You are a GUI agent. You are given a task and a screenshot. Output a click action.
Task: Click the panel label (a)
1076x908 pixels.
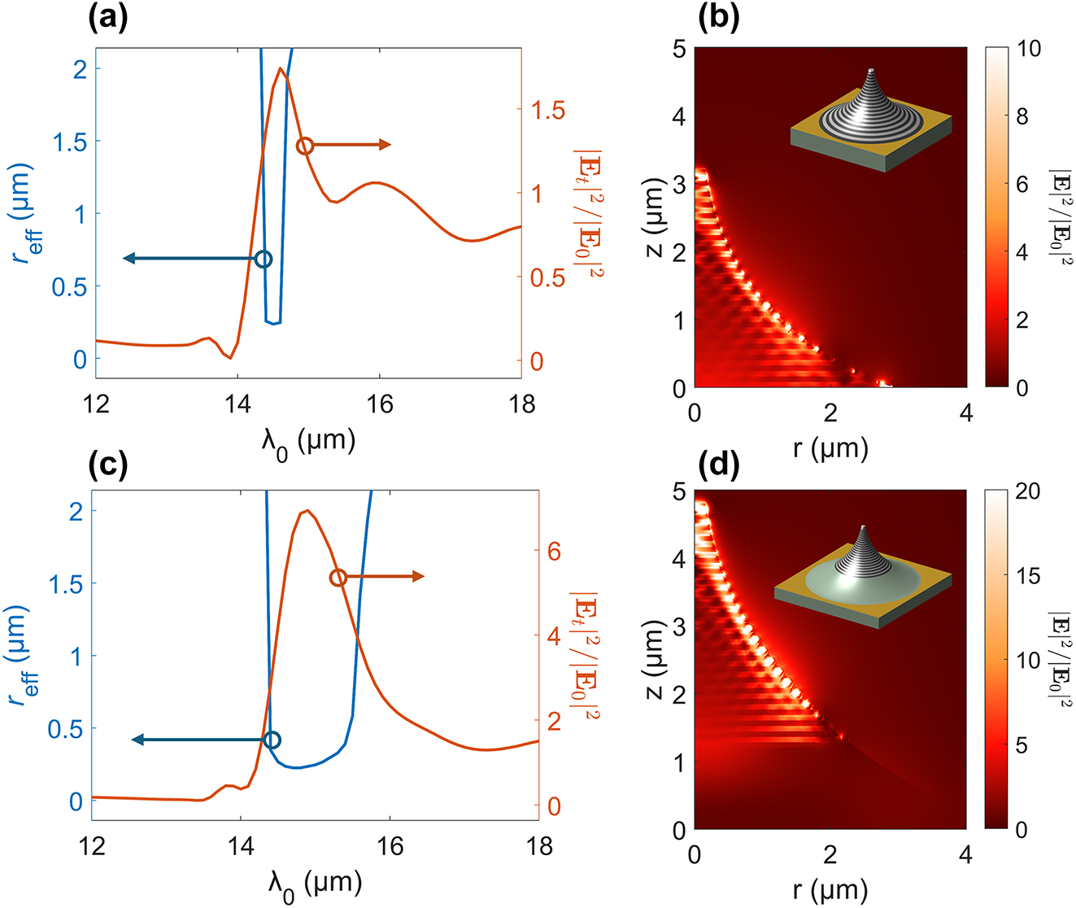(x=107, y=18)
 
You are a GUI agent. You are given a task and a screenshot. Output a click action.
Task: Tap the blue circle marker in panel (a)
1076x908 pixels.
(x=263, y=259)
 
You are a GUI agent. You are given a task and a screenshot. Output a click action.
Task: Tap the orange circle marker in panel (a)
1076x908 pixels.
(x=305, y=146)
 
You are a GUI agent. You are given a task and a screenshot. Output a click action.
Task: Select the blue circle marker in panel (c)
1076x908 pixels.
(x=272, y=740)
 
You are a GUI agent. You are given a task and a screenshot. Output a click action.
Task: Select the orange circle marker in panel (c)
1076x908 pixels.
(x=338, y=578)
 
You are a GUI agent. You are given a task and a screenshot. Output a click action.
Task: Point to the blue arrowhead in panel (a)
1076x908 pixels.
(x=129, y=259)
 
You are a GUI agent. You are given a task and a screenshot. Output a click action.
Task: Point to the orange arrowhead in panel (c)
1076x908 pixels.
(x=418, y=577)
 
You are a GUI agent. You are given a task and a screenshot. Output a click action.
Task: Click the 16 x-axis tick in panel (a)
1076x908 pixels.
(x=379, y=404)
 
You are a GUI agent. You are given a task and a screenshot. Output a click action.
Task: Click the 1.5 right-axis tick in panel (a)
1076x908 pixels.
(x=547, y=111)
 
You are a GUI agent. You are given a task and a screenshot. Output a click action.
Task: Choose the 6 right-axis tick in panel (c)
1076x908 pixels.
(x=555, y=552)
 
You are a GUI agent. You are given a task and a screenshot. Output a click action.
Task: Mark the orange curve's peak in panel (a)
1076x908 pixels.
(x=281, y=68)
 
